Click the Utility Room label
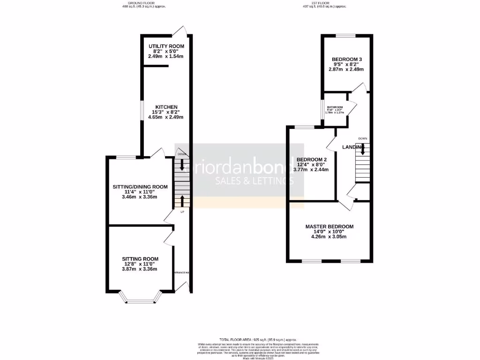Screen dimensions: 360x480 (166, 46)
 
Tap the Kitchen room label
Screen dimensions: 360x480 (166, 107)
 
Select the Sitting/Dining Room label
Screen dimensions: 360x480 (140, 187)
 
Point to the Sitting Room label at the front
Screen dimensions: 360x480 (140, 259)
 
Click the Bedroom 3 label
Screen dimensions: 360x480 (347, 59)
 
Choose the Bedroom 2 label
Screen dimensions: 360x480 (311, 159)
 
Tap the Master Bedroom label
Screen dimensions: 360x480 (329, 227)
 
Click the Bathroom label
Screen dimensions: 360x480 (335, 107)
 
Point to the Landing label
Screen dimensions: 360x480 (353, 147)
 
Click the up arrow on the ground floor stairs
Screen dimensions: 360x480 (182, 201)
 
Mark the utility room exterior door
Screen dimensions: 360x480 (179, 31)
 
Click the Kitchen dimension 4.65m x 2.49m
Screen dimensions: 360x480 (166, 117)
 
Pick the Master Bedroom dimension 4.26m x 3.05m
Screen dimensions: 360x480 (329, 237)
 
